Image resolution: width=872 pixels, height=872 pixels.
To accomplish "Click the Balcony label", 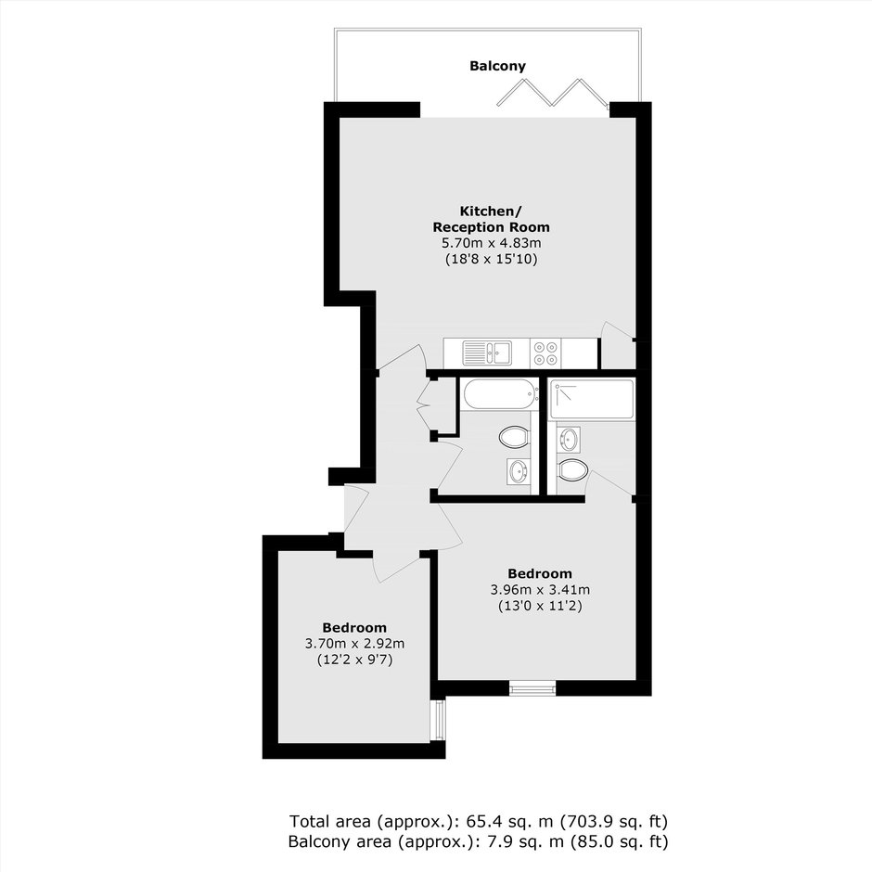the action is tap(497, 66).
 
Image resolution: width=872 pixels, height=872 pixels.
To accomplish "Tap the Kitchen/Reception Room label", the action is tap(491, 219).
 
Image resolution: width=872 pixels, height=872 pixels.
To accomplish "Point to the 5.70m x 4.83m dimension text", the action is tap(491, 243).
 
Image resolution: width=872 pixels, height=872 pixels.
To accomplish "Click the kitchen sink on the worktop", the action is tap(487, 353).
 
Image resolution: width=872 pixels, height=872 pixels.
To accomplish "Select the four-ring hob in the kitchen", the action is tap(545, 353).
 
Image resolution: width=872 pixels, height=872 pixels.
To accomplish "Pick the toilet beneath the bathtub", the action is tap(514, 437).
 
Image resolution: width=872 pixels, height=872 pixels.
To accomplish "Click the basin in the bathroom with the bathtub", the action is tap(519, 472).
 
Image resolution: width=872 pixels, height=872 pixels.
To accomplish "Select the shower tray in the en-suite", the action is tap(591, 399).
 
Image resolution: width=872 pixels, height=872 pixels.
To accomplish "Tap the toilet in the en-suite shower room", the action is tap(572, 470).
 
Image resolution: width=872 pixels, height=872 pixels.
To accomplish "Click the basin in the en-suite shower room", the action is tap(569, 439).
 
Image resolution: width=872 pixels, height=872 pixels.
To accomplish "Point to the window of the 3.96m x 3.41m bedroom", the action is tap(532, 688).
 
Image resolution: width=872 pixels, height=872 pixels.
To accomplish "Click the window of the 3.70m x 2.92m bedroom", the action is tap(438, 720).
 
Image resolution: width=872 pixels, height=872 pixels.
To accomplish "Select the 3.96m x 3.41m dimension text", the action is tap(540, 589).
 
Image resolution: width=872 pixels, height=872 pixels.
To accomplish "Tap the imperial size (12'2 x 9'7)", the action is tap(354, 660).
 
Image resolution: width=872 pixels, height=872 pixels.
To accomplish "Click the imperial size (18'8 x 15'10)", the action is tap(491, 259).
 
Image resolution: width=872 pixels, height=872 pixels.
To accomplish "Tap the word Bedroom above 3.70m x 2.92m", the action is tap(354, 628).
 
